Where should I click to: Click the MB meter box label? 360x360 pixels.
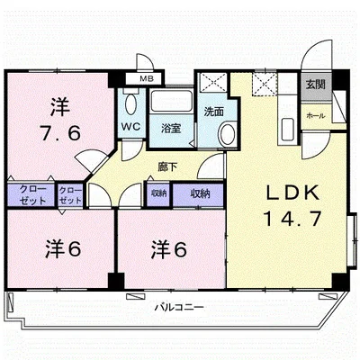pos(147,79)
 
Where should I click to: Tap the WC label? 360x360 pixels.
pos(130,126)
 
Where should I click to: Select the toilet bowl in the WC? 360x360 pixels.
pos(130,103)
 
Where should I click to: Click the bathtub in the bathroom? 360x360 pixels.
pos(172,101)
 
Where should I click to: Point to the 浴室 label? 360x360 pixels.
pos(171,128)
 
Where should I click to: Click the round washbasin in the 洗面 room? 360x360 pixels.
pos(228,133)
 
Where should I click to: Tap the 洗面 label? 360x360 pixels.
pos(214,112)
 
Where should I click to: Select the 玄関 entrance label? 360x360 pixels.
pos(315,85)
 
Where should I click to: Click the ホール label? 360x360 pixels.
pos(316,116)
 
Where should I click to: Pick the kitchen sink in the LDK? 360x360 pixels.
pos(288,130)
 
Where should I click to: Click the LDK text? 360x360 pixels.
pos(292,193)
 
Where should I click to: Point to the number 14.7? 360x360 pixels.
pos(292,219)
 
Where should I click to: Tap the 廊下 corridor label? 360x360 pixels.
pos(167,166)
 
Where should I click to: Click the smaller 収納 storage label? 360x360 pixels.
pos(158,193)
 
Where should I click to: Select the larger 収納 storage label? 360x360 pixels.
pos(200,193)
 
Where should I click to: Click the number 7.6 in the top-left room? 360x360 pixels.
pos(60,133)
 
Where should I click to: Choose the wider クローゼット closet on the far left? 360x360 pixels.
pos(31,195)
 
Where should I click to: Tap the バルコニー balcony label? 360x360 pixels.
pos(179,307)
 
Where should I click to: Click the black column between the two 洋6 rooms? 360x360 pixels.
pos(116,281)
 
